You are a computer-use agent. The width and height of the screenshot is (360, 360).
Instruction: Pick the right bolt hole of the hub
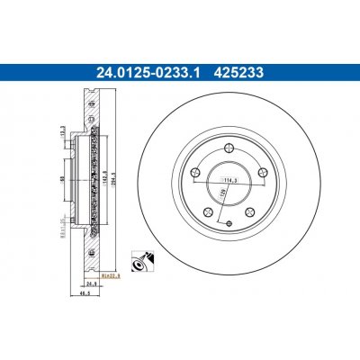pyautogui.click(x=258, y=175)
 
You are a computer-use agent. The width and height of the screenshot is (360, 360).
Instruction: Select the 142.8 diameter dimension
pyautogui.click(x=107, y=179)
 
